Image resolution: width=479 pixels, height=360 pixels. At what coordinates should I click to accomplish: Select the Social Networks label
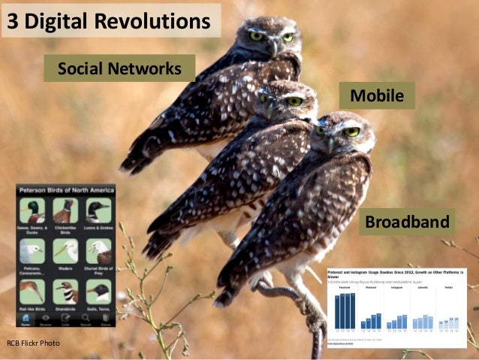(x=119, y=69)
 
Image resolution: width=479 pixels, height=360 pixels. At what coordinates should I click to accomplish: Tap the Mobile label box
(x=377, y=95)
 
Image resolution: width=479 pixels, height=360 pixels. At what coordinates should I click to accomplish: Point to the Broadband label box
(x=407, y=222)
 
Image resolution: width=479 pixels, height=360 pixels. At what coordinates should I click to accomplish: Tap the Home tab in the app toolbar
(x=26, y=323)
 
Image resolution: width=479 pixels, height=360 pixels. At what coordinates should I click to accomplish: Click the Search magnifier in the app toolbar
(x=85, y=323)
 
